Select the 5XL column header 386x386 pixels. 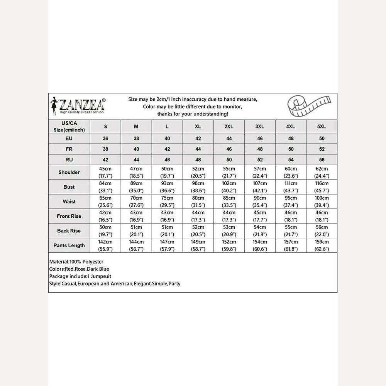[x=322, y=127]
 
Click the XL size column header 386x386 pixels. [x=198, y=127]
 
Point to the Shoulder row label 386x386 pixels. [x=69, y=172]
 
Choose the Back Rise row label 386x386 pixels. [x=69, y=231]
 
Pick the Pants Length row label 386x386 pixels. [x=69, y=245]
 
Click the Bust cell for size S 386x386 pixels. [x=105, y=187]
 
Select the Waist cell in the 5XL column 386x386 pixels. [x=322, y=201]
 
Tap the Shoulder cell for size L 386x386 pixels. [x=167, y=172]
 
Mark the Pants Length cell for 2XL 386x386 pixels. [x=229, y=245]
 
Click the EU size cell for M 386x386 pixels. [x=136, y=139]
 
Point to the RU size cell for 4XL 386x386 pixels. [x=291, y=159]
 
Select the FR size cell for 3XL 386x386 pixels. [x=260, y=149]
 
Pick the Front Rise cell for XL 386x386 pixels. [x=198, y=216]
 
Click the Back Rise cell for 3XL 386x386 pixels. [x=260, y=231]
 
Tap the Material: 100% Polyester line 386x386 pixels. [x=76, y=262]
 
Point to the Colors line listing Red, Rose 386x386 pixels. [x=79, y=269]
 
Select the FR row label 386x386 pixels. [x=69, y=149]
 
